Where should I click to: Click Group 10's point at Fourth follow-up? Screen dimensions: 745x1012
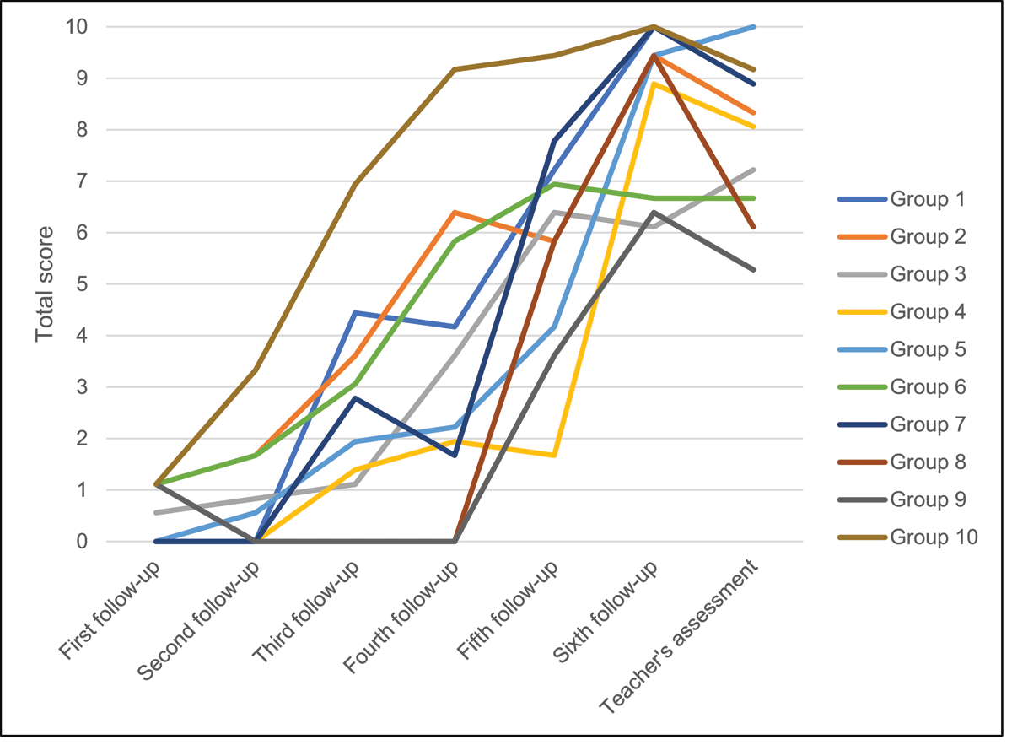tap(455, 69)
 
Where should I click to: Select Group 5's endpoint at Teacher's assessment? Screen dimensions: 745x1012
tap(753, 27)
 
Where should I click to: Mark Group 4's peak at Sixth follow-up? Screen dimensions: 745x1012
tap(654, 84)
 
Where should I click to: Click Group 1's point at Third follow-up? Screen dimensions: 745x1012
tap(355, 313)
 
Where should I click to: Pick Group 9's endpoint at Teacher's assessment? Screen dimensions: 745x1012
tap(753, 270)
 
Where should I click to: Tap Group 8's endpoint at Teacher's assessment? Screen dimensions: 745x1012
tap(753, 228)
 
